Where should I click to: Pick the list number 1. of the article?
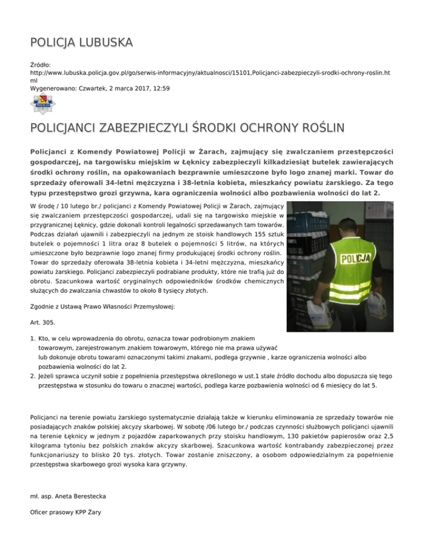[x=33, y=337]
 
